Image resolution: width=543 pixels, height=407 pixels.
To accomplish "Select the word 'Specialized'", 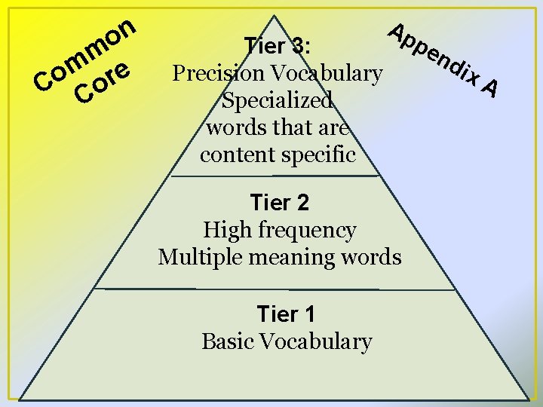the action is pos(277,100).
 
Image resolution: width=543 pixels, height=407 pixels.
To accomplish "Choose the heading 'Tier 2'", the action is pos(279,202).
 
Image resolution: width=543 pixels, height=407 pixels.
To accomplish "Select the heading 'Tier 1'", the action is pos(286,313).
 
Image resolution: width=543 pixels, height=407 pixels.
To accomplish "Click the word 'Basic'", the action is pos(229,341).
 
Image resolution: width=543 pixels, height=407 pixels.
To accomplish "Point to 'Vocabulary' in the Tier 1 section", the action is pos(316,341).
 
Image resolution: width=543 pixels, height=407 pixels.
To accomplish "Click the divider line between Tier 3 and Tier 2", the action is pos(275,176).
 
